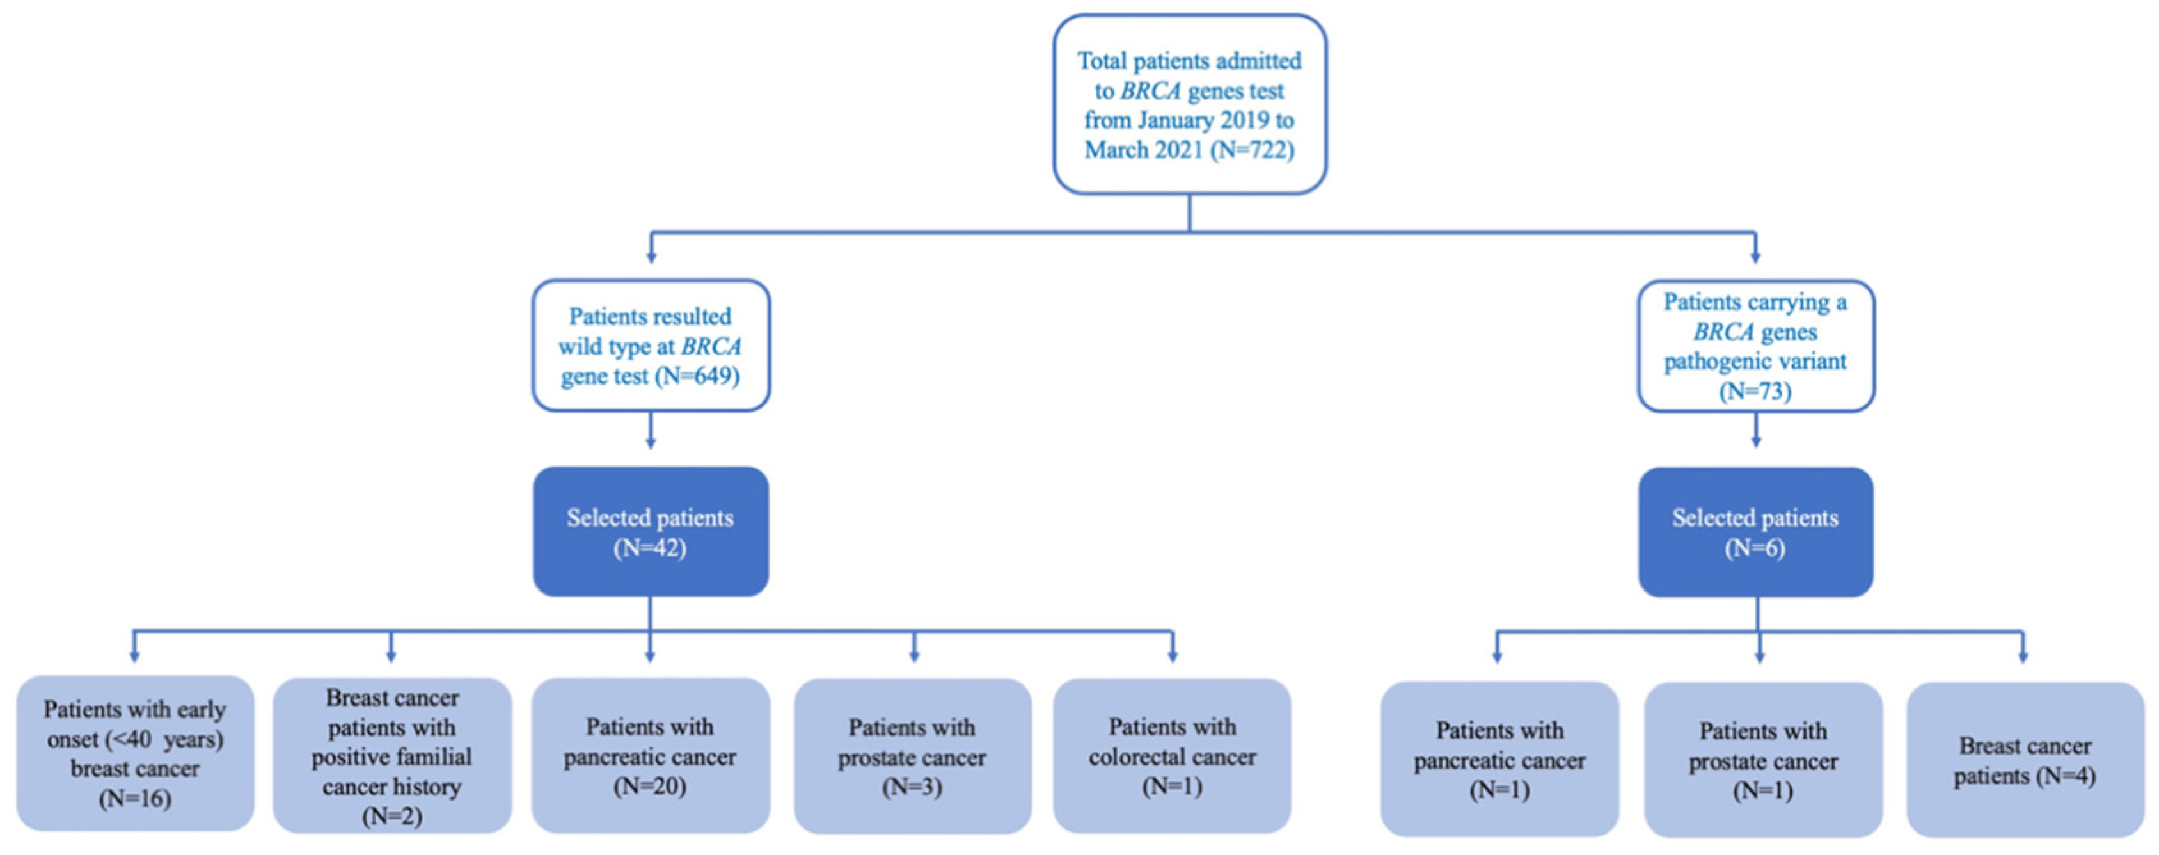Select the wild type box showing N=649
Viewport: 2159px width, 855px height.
point(651,346)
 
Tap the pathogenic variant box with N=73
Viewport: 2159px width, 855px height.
point(1755,346)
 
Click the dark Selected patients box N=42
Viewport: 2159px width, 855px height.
point(651,531)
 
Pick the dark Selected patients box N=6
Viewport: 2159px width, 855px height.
point(1755,531)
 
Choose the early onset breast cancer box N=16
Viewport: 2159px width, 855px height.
point(135,754)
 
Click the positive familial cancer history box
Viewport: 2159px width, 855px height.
point(391,755)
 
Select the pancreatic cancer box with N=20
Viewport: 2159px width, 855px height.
point(651,755)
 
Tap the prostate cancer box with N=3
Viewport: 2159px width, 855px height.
point(912,755)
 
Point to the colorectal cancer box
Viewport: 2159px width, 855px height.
point(1172,755)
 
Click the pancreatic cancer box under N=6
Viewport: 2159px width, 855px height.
point(1499,758)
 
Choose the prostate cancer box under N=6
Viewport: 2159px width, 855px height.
point(1762,758)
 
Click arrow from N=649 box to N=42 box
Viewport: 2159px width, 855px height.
point(651,433)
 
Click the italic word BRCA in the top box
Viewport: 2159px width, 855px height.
point(1150,90)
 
